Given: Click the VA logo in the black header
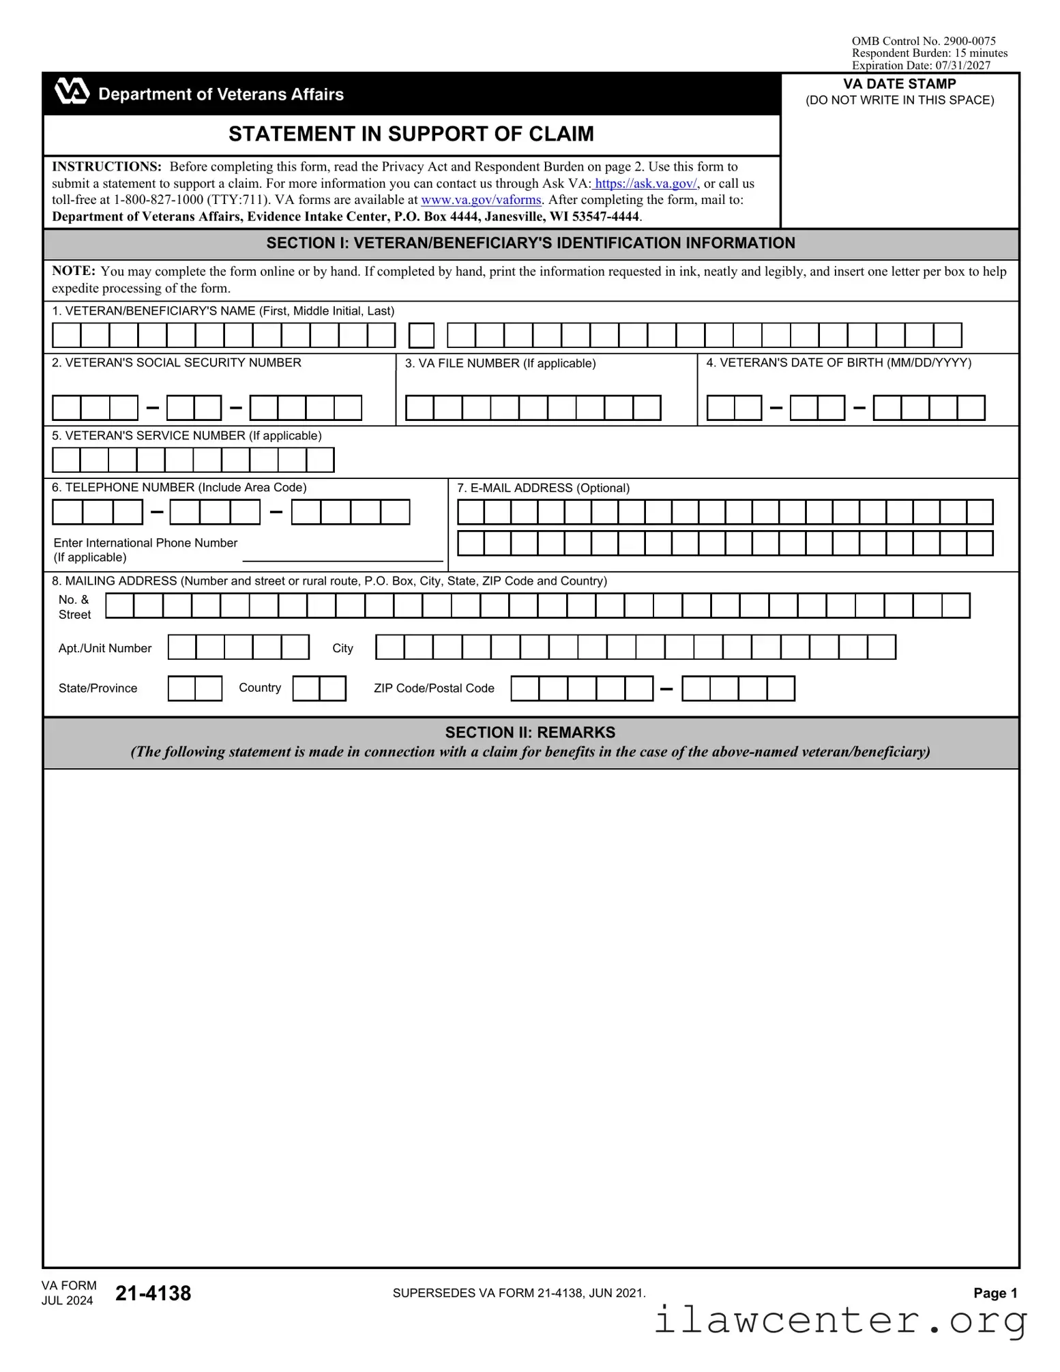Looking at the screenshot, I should tap(72, 91).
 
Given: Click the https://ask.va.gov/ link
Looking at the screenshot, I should tap(645, 184).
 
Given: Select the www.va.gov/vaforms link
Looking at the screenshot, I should tap(481, 200).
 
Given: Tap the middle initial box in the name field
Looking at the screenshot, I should tap(422, 336).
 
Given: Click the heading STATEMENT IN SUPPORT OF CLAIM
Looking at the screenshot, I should tap(411, 134).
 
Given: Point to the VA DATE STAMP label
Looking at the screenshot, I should tap(899, 84).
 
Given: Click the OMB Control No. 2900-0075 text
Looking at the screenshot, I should tap(923, 41).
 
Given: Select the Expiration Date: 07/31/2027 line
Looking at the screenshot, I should tap(920, 65).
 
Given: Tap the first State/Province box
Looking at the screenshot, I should tap(181, 688).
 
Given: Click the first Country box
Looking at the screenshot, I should tap(306, 688).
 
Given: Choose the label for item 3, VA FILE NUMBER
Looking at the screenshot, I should tap(500, 364).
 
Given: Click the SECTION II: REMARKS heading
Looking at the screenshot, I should tap(530, 733).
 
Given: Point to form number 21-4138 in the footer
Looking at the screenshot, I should tap(153, 1293).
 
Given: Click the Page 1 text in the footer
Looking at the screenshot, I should tap(995, 1293).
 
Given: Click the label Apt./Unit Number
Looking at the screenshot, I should tap(105, 648).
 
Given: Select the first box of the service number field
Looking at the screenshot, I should tap(66, 460).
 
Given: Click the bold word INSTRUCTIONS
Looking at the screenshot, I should tap(106, 166).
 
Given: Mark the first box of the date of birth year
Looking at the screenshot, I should tap(887, 408).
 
